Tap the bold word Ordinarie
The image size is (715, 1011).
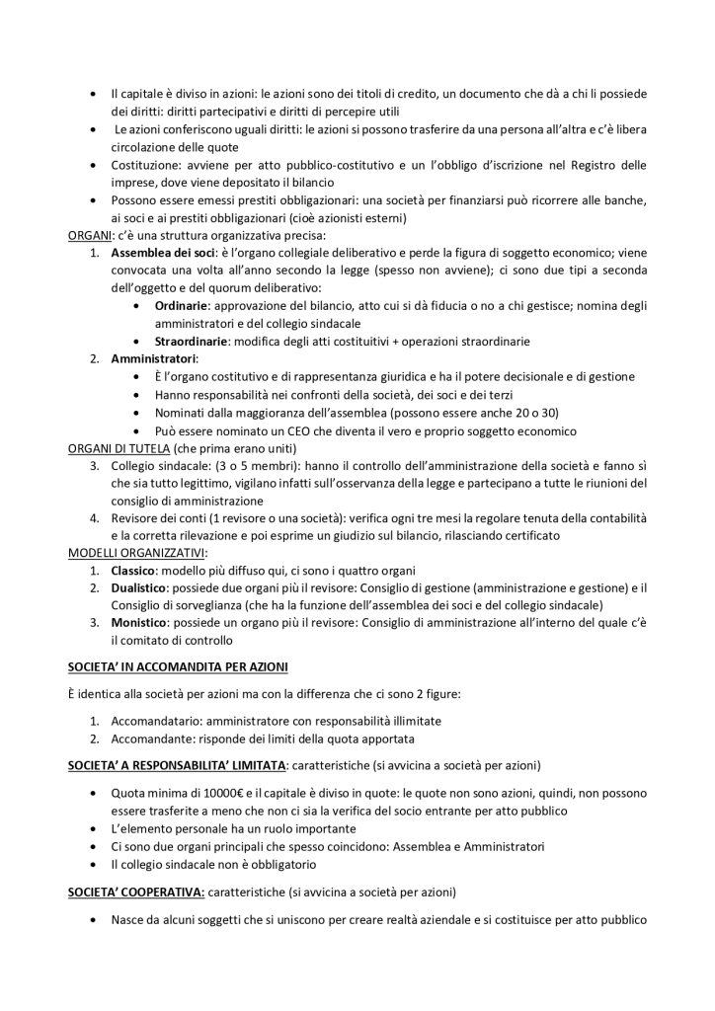tap(187, 306)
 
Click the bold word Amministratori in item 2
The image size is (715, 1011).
tap(153, 359)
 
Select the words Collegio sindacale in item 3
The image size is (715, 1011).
tap(159, 466)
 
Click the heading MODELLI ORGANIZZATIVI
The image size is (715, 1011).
tap(137, 554)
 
